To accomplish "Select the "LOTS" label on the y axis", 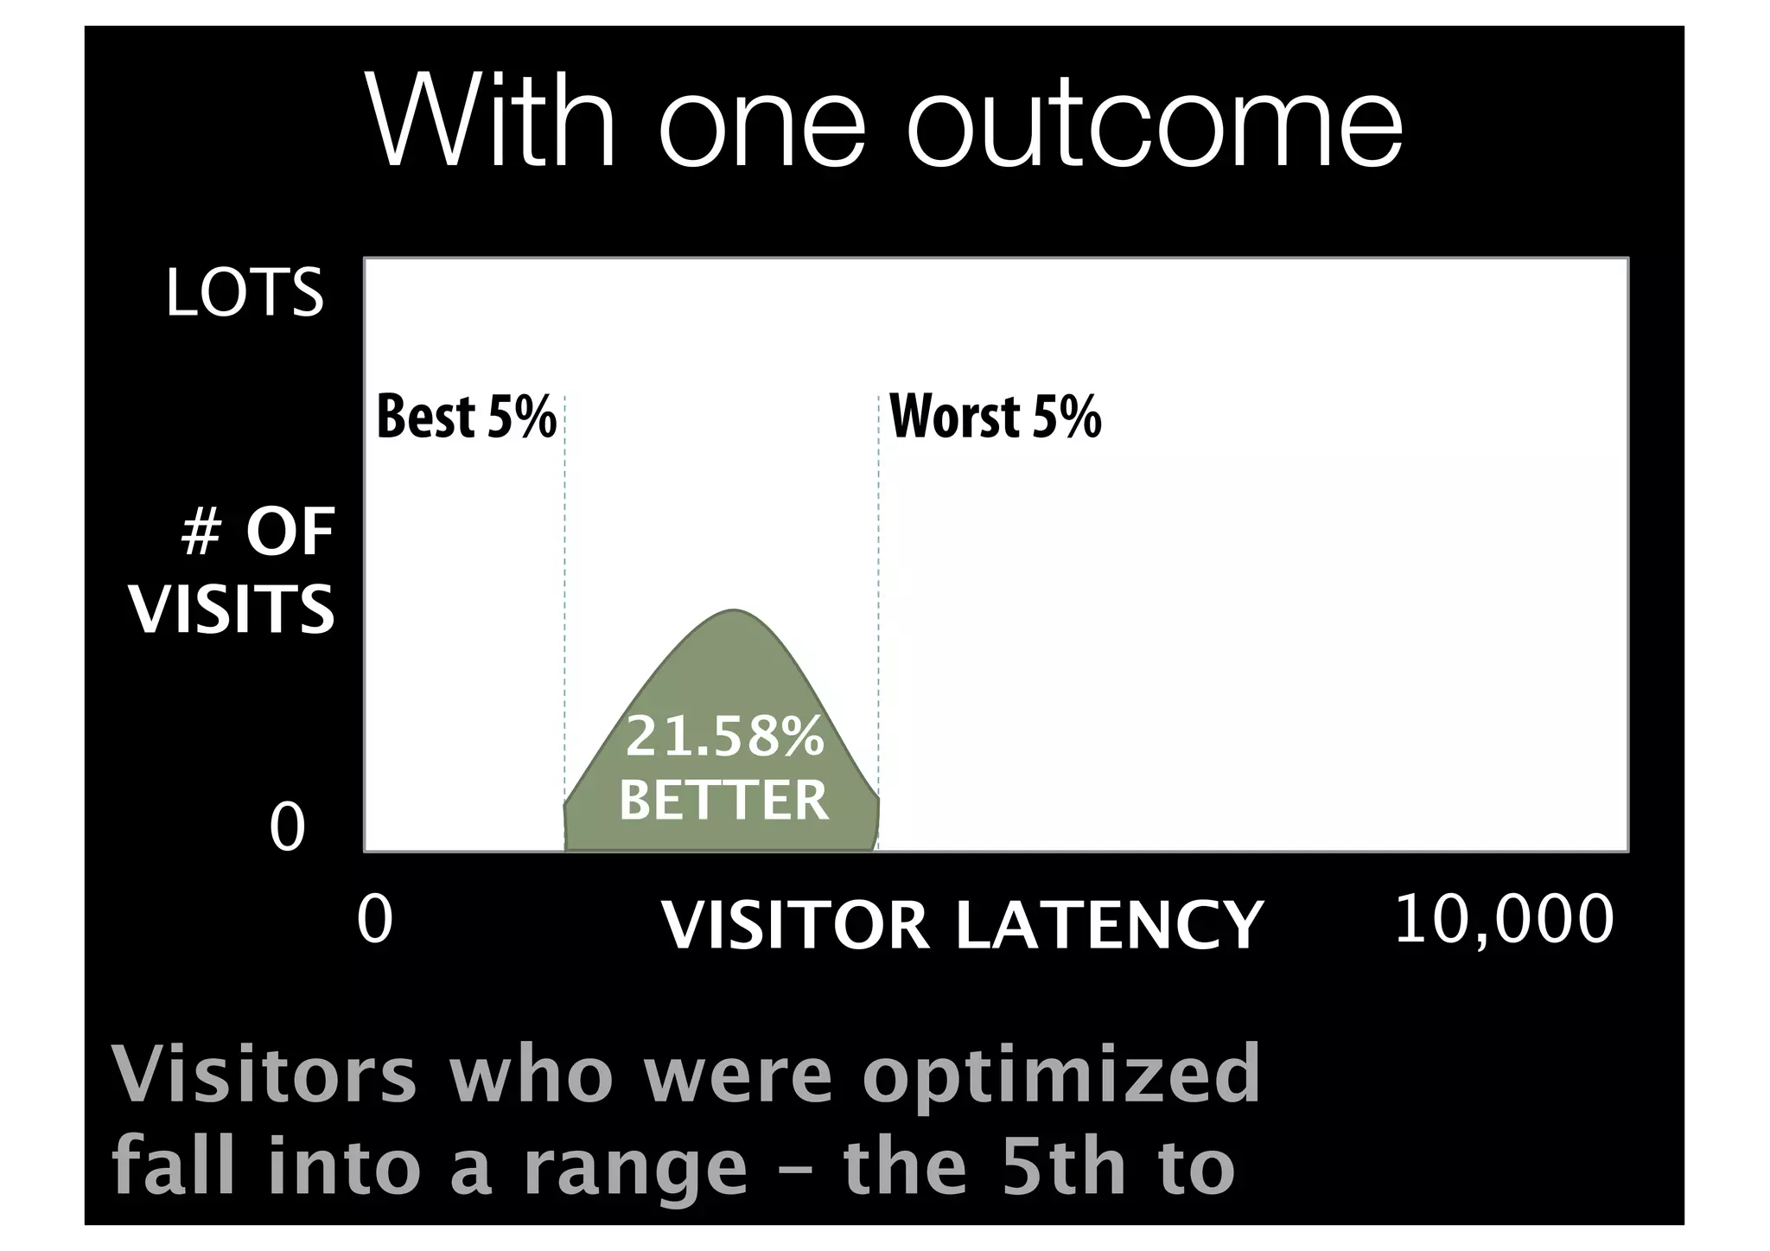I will (x=245, y=293).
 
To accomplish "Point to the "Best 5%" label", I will (x=467, y=417).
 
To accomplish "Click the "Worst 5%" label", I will (x=996, y=417).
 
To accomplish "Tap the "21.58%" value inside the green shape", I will (x=724, y=737).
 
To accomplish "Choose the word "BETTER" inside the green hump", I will (x=724, y=800).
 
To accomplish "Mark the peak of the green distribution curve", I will (x=734, y=611).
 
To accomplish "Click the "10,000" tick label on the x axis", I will (x=1504, y=919).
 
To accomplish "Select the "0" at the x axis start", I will (x=375, y=920).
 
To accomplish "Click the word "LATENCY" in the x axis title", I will (x=1109, y=925).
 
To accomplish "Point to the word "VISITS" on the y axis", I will (x=232, y=609).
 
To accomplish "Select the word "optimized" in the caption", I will (x=1061, y=1075).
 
